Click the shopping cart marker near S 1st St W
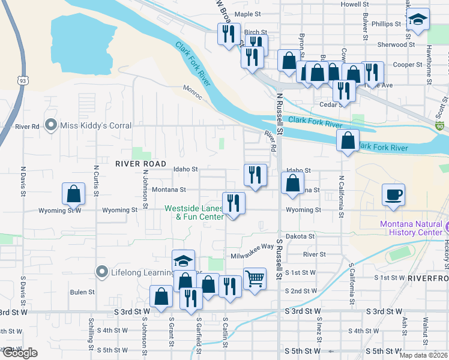255,278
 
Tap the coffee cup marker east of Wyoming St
393,195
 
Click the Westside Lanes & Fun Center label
194,212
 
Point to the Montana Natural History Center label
412,228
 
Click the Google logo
20,353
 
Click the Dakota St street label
300,236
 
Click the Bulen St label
79,292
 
